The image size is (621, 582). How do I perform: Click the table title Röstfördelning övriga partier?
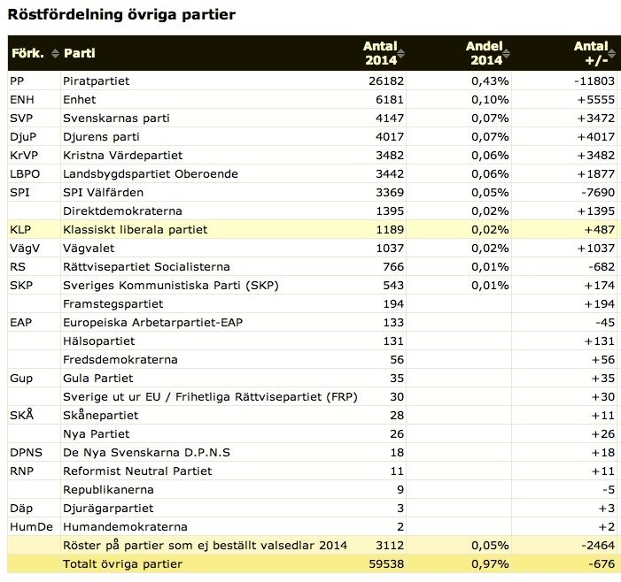click(121, 15)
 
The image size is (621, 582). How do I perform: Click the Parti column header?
click(80, 53)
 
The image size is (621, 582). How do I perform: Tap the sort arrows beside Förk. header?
click(55, 53)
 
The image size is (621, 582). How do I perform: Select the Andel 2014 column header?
click(485, 53)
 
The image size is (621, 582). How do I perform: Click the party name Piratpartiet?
click(97, 81)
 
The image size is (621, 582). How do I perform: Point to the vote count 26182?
click(386, 81)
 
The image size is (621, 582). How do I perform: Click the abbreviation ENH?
click(22, 100)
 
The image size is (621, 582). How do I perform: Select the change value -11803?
click(594, 81)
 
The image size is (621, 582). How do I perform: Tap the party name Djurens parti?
click(101, 137)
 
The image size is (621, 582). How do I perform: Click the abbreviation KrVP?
click(24, 156)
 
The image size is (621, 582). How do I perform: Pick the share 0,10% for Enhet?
click(490, 100)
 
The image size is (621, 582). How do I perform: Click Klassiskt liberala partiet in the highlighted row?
click(135, 230)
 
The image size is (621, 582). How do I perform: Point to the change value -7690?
click(598, 193)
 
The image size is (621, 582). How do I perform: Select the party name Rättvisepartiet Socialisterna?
click(146, 267)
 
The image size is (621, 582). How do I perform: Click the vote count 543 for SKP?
click(393, 286)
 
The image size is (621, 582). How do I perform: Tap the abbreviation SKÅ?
click(22, 415)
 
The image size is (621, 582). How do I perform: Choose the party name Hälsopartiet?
click(99, 341)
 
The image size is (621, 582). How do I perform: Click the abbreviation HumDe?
click(31, 527)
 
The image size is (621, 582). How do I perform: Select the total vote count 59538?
click(386, 564)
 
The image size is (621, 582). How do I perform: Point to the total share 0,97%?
click(490, 564)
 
